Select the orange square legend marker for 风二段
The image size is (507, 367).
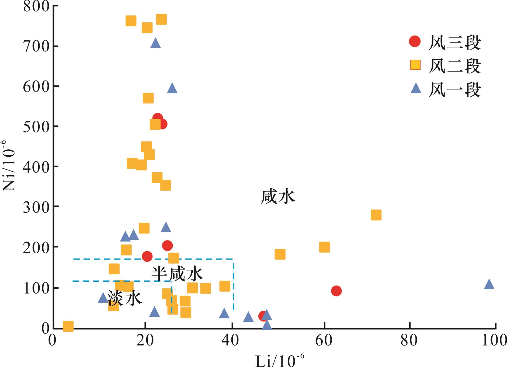(415, 65)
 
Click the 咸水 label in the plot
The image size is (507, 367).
(278, 197)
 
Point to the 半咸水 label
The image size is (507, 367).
(177, 274)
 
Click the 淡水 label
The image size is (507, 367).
(124, 298)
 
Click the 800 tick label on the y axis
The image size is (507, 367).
(36, 6)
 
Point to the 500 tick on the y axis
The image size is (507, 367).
(36, 126)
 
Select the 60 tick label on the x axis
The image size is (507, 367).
(324, 341)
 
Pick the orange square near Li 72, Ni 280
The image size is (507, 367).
(376, 215)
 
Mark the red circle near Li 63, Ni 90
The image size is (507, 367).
(336, 291)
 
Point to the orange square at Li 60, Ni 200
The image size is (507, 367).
(324, 247)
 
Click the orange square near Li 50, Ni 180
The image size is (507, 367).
(280, 254)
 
